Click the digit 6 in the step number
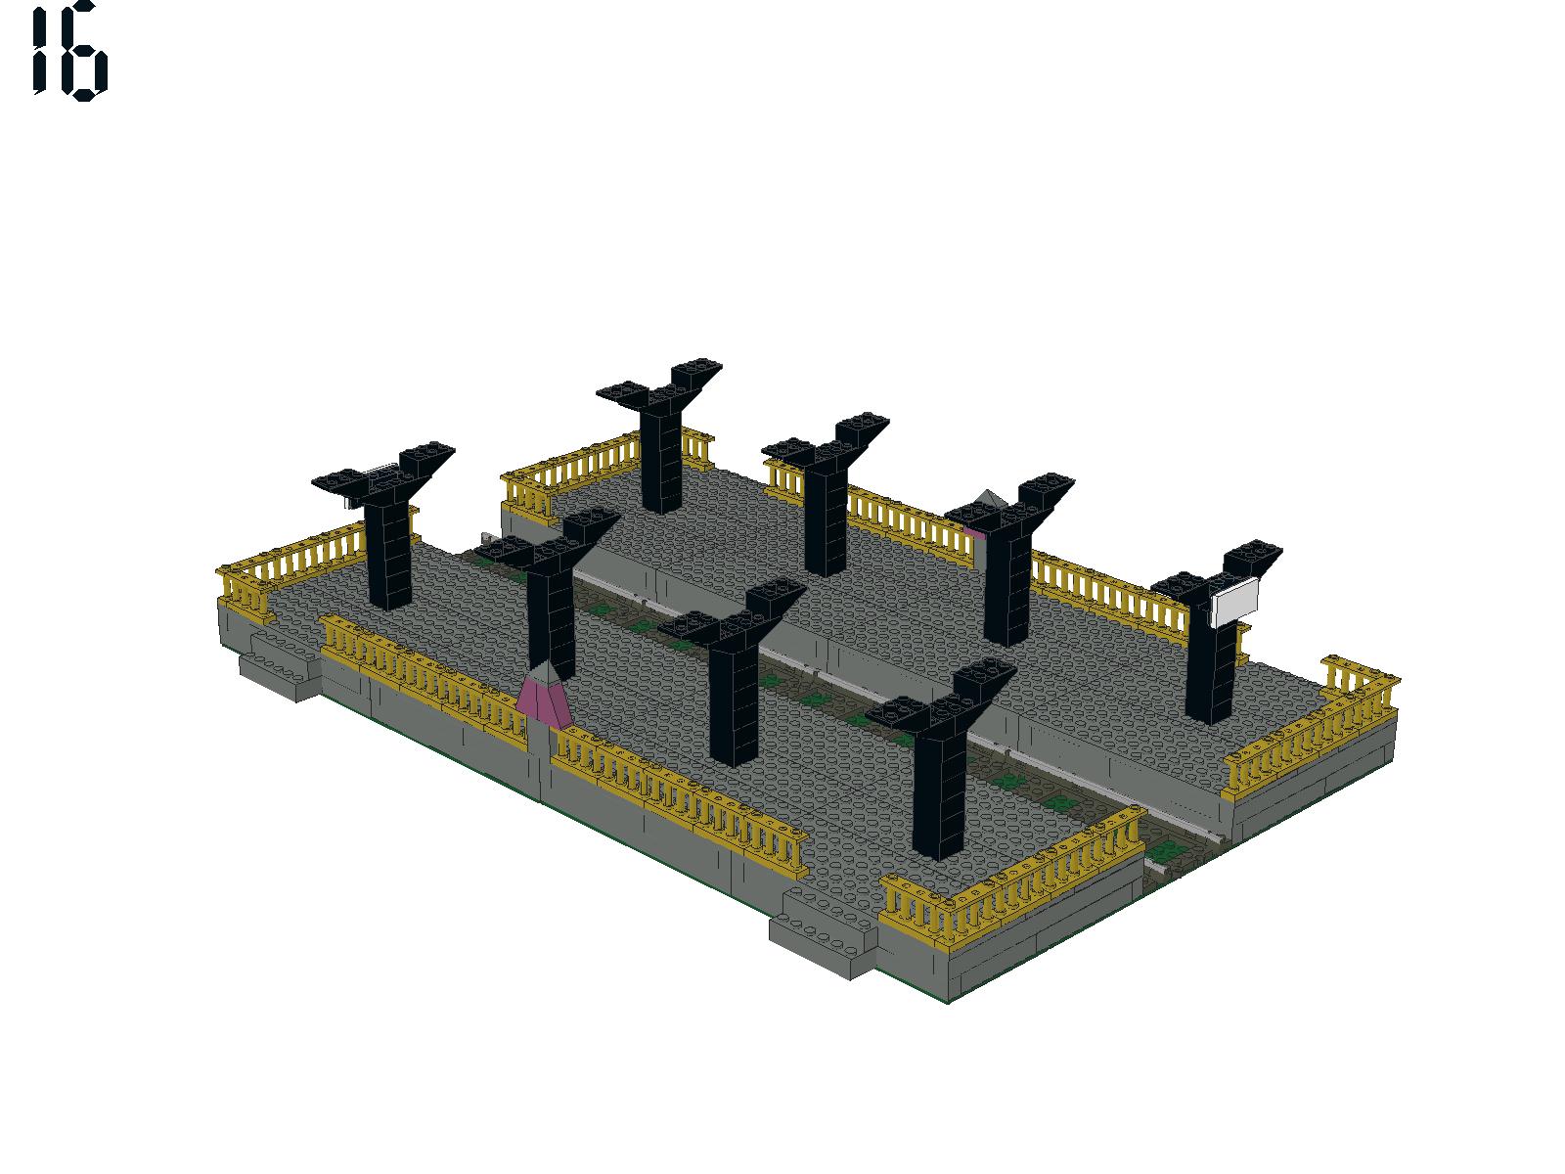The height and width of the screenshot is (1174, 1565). coord(83,51)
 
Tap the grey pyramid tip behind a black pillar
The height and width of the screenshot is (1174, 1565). coord(988,498)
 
